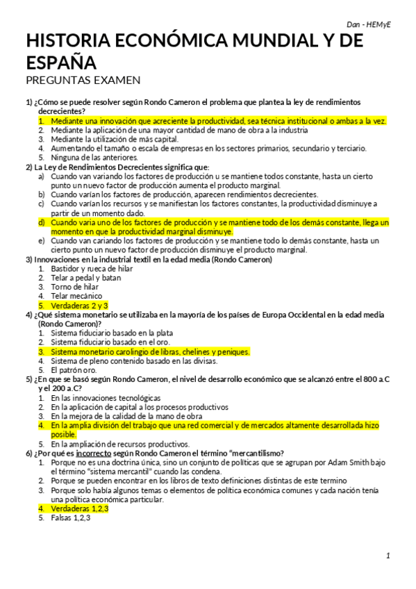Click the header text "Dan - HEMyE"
[369, 24]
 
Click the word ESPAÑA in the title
[61, 63]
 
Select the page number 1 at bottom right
[389, 555]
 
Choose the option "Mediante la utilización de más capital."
[118, 139]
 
